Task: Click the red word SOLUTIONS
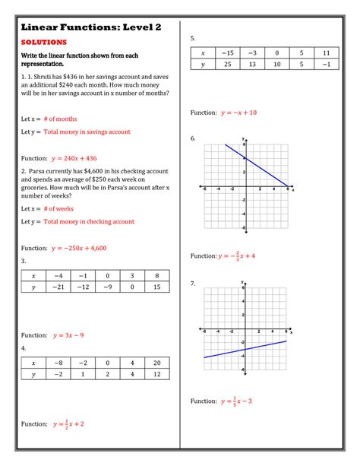point(43,43)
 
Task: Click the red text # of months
point(60,119)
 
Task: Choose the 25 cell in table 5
point(227,65)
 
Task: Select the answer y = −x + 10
point(239,113)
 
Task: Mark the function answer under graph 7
point(238,401)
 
